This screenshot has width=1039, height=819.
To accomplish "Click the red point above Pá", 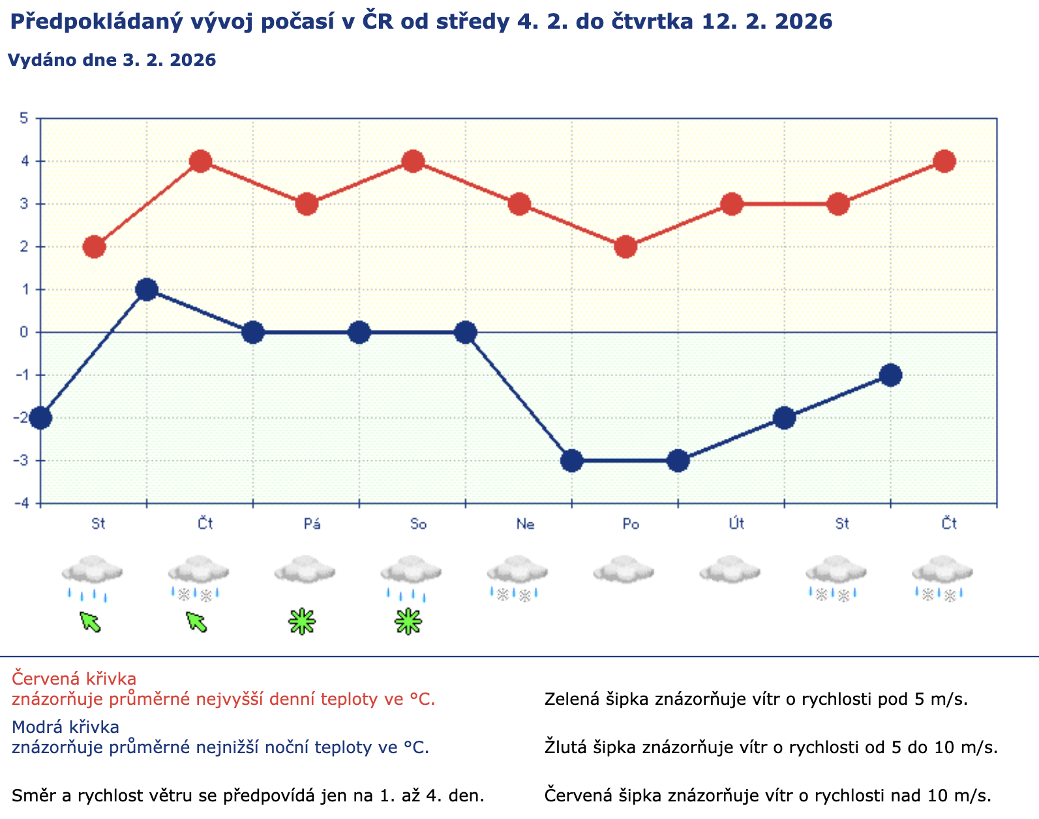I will [x=307, y=204].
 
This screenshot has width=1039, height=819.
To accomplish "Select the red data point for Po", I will [x=625, y=247].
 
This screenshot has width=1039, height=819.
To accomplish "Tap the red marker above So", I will [x=413, y=161].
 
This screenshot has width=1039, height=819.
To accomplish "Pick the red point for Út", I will [x=732, y=204].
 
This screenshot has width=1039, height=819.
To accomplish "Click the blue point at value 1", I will [x=147, y=290].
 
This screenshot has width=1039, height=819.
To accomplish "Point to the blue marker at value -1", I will [x=890, y=375].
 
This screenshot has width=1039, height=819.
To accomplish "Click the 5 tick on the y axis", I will [x=24, y=118].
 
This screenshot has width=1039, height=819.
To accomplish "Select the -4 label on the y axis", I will [x=22, y=503].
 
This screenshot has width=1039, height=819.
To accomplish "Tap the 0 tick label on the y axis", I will [x=24, y=333].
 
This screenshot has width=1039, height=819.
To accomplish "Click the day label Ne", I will [x=525, y=524].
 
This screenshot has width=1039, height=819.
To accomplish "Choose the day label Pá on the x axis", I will [x=312, y=524].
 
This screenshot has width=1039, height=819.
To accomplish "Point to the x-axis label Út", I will [x=736, y=524].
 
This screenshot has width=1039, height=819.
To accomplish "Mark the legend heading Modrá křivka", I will [x=65, y=726].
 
